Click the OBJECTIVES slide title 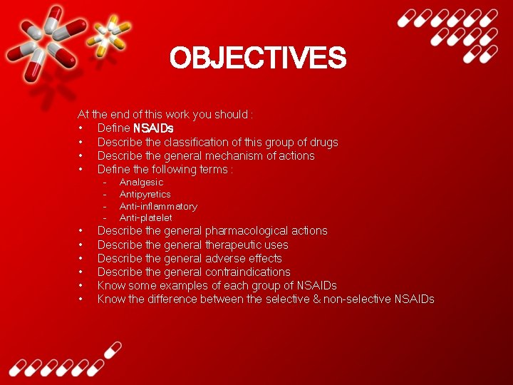click(257, 58)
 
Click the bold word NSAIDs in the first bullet click(153, 128)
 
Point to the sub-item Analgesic click(141, 183)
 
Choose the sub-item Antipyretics click(145, 194)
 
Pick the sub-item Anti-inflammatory click(158, 206)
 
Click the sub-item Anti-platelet click(145, 217)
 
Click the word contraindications click(248, 272)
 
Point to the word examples click(181, 285)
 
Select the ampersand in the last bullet click(316, 299)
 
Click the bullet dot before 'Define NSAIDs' click(82, 128)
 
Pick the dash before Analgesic click(104, 183)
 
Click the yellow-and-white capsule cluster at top click(110, 32)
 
